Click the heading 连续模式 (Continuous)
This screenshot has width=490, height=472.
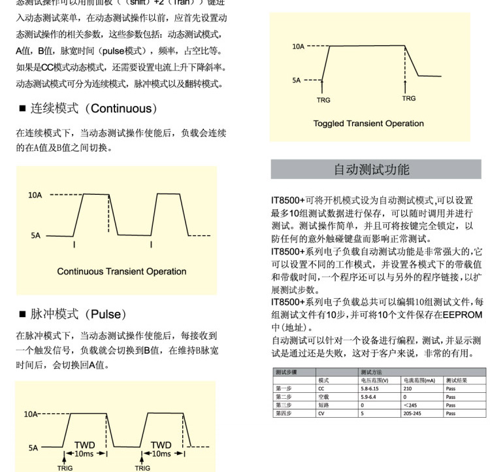(x=91, y=109)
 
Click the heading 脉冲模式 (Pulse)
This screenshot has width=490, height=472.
(x=76, y=314)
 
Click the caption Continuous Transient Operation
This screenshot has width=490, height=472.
(x=122, y=271)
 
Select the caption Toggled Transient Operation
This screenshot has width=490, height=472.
(x=368, y=123)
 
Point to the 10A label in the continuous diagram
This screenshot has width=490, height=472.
(x=35, y=195)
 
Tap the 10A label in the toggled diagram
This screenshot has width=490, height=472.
(x=298, y=46)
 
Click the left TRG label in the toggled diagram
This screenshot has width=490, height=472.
(x=323, y=100)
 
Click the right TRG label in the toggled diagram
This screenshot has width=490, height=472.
(x=408, y=99)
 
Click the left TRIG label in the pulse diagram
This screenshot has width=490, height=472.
(x=65, y=467)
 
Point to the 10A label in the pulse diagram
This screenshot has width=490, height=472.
(x=31, y=414)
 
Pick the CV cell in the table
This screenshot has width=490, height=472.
(x=321, y=413)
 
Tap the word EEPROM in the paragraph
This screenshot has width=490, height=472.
(x=462, y=314)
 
